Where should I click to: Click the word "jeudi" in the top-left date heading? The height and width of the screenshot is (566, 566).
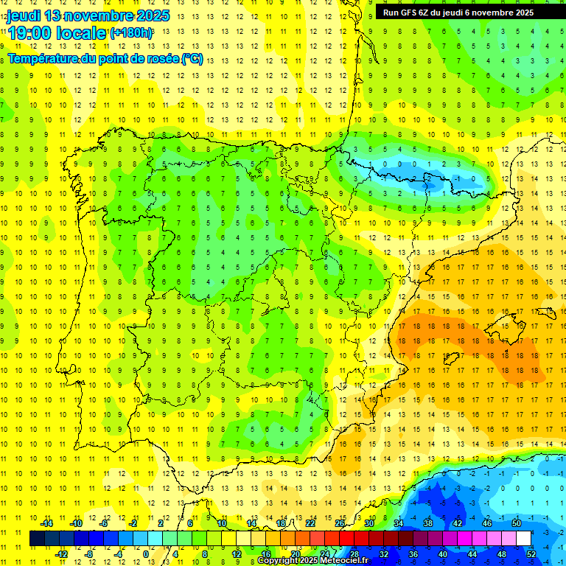pos(24,15)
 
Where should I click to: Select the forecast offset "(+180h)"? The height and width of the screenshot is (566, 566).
pos(131,33)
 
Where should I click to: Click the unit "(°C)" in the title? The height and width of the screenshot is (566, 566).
pos(192,59)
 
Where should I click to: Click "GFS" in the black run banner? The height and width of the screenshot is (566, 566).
pos(411,13)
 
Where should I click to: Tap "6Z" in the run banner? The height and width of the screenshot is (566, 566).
pos(429,13)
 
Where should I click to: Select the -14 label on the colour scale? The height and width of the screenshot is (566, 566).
pos(46,524)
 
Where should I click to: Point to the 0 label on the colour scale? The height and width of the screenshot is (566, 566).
pos(146,554)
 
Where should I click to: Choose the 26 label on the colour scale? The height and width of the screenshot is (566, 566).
pos(339,524)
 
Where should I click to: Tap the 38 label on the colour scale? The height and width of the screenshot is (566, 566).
pos(427,524)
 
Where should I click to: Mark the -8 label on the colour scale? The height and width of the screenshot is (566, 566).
pos(89,554)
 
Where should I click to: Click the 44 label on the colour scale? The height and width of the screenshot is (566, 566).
pos(472,554)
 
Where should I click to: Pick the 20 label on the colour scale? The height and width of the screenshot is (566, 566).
pos(295,554)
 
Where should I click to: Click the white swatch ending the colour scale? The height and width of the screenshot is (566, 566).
pos(524,539)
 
